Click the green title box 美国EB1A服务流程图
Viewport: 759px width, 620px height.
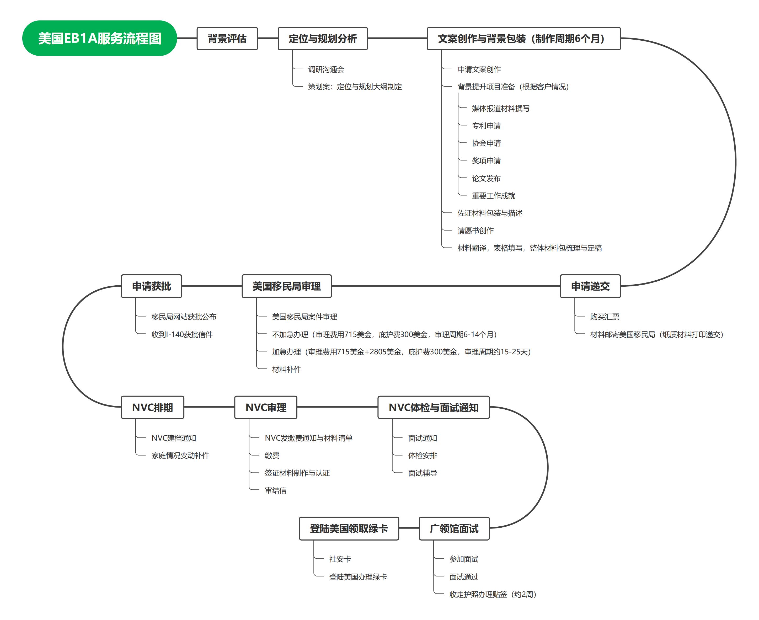[x=99, y=38]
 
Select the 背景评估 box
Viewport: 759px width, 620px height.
[x=227, y=39]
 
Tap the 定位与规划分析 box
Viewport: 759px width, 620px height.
[x=323, y=39]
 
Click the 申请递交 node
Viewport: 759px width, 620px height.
[x=590, y=286]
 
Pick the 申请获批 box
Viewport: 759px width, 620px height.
[x=151, y=286]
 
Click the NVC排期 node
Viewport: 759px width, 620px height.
[x=153, y=407]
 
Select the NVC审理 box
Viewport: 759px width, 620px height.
[x=266, y=407]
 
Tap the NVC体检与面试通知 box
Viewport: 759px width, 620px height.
[x=434, y=407]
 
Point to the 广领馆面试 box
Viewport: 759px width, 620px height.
[x=454, y=528]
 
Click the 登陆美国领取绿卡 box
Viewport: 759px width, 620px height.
[x=349, y=528]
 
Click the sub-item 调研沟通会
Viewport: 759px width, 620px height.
[x=326, y=69]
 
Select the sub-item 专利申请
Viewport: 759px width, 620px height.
[x=486, y=126]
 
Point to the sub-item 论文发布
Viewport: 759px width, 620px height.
[x=486, y=178]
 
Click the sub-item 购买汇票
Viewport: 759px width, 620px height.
[x=605, y=317]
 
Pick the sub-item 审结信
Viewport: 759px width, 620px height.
[x=275, y=490]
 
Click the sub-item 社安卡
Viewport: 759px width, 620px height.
[x=340, y=559]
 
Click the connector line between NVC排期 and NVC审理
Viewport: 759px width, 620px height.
[x=209, y=407]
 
